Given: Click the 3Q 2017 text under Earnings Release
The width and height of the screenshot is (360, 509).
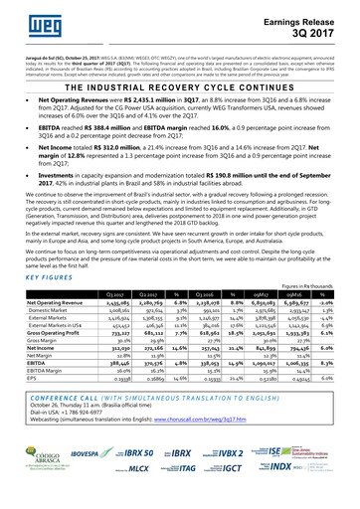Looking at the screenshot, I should pyautogui.click(x=314, y=35).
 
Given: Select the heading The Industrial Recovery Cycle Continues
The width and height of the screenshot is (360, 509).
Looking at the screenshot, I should pyautogui.click(x=179, y=86).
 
